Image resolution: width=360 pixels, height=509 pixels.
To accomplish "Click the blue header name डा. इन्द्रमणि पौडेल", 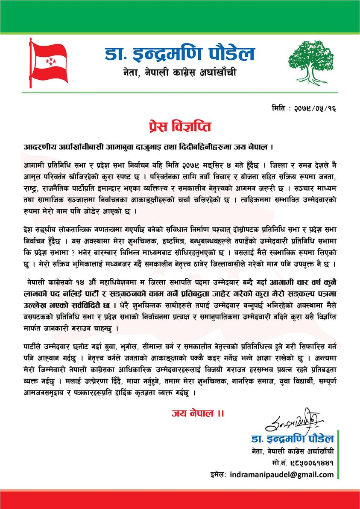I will pos(180,55).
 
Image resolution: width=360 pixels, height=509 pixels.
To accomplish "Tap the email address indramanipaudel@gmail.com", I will pos(281,474).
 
